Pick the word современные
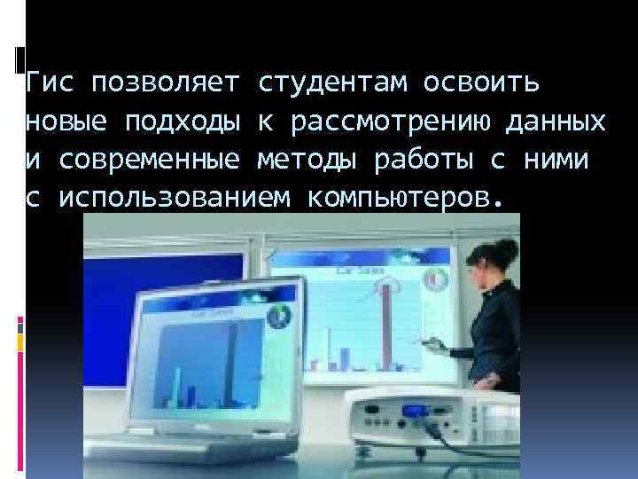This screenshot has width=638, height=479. (x=150, y=160)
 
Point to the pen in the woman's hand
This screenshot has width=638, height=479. (x=432, y=342)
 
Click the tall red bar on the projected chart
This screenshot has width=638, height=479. (x=387, y=328)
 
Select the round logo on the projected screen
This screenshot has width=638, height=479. (x=433, y=277)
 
